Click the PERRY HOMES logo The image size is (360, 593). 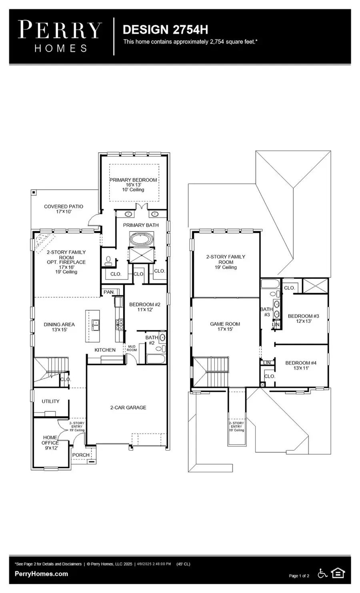pyautogui.click(x=60, y=36)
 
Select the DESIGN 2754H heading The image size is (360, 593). pyautogui.click(x=165, y=30)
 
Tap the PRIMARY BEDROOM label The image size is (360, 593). pyautogui.click(x=133, y=180)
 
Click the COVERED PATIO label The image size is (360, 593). pyautogui.click(x=64, y=207)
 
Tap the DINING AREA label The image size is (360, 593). pyautogui.click(x=59, y=325)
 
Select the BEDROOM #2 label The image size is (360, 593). pyautogui.click(x=145, y=305)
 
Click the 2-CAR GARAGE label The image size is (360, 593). pyautogui.click(x=128, y=407)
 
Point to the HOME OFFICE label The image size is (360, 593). pyautogui.click(x=50, y=440)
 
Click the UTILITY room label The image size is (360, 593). pyautogui.click(x=50, y=401)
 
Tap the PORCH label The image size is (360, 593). pyautogui.click(x=81, y=455)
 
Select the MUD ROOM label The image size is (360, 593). pyautogui.click(x=132, y=348)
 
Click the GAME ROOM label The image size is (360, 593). pyautogui.click(x=225, y=324)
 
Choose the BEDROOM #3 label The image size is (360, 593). pyautogui.click(x=303, y=316)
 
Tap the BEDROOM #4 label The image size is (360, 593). pyautogui.click(x=301, y=363)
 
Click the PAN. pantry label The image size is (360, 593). pyautogui.click(x=109, y=292)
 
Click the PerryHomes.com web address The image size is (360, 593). pyautogui.click(x=41, y=574)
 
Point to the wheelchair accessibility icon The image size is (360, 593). pyautogui.click(x=322, y=573)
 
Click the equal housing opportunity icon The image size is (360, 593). pyautogui.click(x=338, y=573)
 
